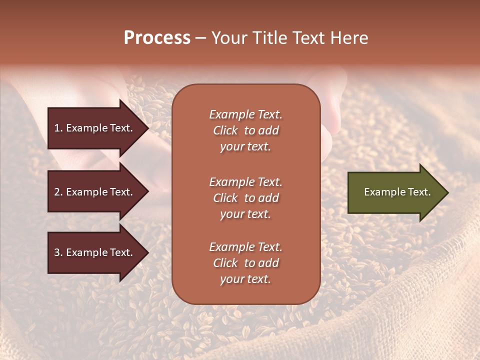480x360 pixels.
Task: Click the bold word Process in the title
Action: (157, 38)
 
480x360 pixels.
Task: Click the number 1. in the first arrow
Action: (58, 128)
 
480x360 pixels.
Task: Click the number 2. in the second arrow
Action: (58, 192)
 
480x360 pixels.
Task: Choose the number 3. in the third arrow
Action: (58, 252)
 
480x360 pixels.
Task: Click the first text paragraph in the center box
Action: (245, 130)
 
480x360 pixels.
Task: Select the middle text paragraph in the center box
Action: (245, 198)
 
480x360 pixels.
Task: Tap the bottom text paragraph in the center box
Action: (245, 263)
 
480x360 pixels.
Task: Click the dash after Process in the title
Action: (200, 38)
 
